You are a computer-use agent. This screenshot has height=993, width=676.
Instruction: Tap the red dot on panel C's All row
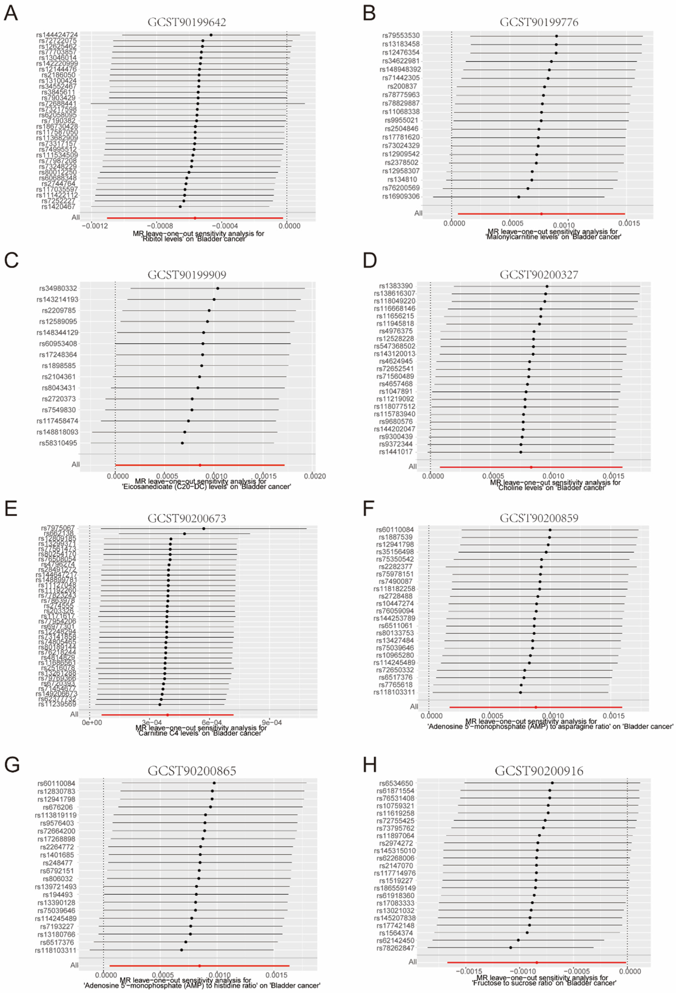tap(200, 465)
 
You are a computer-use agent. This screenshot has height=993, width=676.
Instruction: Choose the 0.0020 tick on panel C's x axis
tap(315, 476)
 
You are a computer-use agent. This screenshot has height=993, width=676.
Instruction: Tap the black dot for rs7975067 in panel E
tap(204, 529)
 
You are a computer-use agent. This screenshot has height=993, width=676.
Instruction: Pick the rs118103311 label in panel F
tap(394, 692)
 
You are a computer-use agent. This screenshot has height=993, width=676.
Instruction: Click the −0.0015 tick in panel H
tap(469, 971)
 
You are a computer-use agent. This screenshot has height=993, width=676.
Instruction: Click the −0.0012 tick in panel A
tap(93, 226)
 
